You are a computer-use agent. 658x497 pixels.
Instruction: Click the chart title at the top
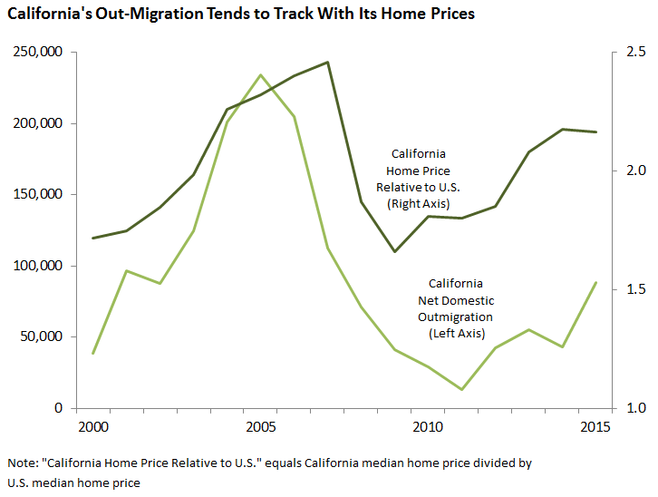point(241,15)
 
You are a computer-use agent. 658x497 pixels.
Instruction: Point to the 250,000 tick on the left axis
point(37,53)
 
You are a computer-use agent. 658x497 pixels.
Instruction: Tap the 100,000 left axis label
point(37,266)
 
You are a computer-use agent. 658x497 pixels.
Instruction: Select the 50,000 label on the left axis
point(41,336)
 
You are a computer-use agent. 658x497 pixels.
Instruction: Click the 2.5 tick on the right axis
point(635,53)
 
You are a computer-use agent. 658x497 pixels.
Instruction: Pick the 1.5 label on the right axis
point(635,289)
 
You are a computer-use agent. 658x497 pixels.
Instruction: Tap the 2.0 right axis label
point(635,171)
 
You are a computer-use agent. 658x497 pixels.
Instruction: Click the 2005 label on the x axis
point(260,426)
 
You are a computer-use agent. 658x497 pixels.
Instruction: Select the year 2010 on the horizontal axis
point(427,426)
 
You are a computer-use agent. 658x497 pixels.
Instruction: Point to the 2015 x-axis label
point(595,426)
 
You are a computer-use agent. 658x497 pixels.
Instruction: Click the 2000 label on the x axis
point(93,426)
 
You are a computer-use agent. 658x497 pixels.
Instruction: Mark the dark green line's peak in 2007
point(327,63)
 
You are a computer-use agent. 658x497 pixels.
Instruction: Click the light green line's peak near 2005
point(260,75)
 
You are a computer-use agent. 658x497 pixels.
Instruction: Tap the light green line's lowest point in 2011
point(461,390)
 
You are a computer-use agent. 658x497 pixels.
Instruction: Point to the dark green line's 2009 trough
point(394,251)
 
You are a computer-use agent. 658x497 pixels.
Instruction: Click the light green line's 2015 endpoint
point(595,283)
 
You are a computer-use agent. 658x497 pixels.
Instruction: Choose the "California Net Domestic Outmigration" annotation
point(455,308)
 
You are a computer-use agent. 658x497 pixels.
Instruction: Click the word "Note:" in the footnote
point(22,463)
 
